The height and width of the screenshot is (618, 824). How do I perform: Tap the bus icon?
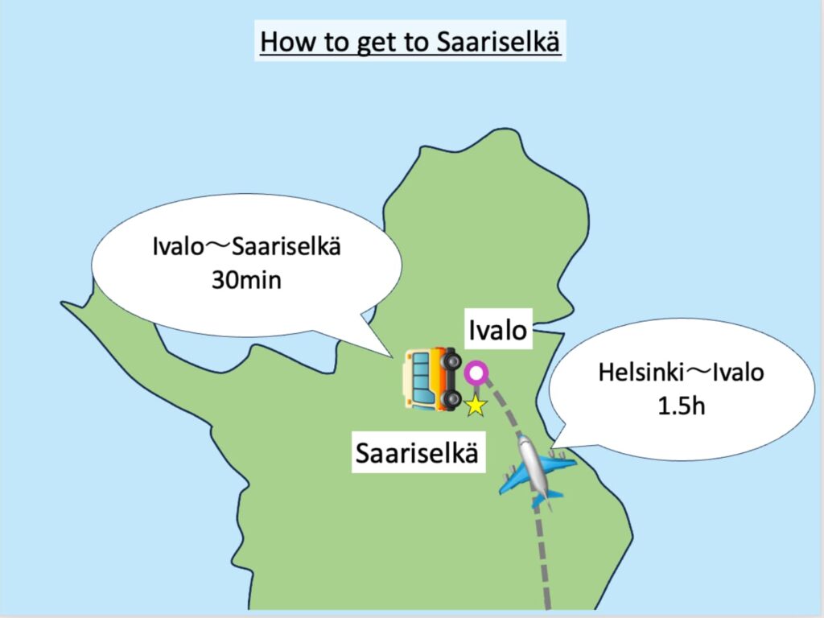(431, 377)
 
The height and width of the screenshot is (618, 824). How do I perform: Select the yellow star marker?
(476, 406)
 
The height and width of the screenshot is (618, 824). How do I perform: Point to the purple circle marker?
(476, 373)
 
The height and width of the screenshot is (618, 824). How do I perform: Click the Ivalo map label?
(498, 330)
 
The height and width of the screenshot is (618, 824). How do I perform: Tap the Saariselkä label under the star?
(418, 454)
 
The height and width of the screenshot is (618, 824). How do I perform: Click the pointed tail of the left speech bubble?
(389, 354)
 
